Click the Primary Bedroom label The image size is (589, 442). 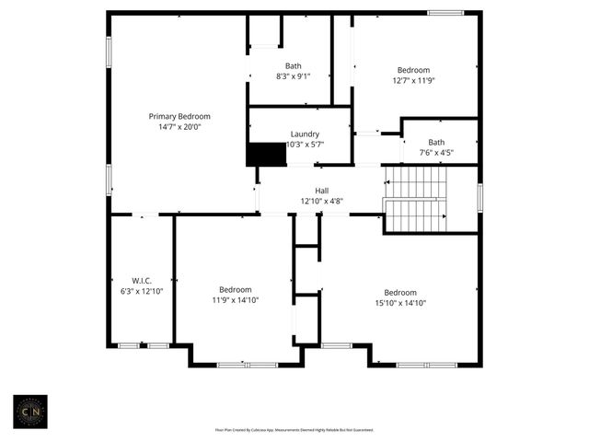[179, 116]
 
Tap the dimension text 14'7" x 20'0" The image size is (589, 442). [179, 127]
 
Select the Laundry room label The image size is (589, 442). [305, 134]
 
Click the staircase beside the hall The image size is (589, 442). [415, 200]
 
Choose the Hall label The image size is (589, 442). [322, 190]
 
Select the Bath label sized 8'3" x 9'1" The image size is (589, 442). [293, 65]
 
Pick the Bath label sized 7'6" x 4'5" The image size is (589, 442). [436, 142]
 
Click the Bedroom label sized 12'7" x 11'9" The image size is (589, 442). [413, 70]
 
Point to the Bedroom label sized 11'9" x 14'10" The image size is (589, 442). [235, 288]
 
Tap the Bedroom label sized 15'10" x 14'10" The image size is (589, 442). [400, 292]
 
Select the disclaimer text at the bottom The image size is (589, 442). [294, 429]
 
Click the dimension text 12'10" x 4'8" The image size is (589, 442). [322, 201]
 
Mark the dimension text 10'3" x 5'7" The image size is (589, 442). [305, 145]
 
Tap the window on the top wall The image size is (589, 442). [445, 13]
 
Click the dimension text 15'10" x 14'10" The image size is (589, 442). [400, 303]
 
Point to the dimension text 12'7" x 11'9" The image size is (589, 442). [413, 81]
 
